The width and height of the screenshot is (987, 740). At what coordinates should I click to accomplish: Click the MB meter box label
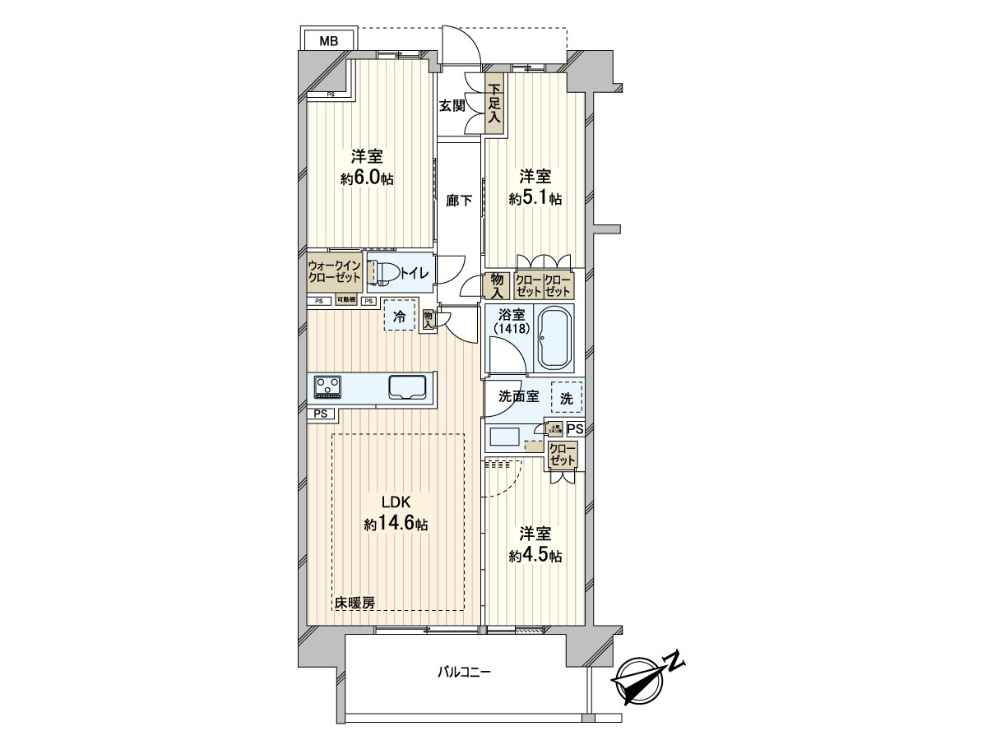(328, 40)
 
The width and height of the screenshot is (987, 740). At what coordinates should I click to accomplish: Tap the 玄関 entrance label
(452, 105)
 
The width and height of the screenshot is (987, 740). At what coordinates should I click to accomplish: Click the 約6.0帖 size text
(367, 178)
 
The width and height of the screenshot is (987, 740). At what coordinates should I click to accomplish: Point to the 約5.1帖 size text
(535, 198)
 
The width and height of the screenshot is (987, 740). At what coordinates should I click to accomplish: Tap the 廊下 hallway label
(459, 200)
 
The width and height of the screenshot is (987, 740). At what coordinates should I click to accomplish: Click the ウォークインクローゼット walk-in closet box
(334, 272)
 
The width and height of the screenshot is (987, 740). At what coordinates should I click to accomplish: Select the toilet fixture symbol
(382, 272)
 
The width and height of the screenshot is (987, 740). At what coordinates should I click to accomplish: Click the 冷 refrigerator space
(400, 316)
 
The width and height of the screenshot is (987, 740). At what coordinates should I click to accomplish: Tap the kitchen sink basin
(406, 386)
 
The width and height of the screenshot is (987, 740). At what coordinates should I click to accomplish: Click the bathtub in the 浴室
(559, 337)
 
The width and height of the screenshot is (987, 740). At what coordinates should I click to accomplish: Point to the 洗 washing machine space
(567, 397)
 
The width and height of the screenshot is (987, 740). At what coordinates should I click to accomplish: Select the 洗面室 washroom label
(518, 396)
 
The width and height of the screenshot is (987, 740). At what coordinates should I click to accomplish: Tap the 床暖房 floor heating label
(354, 603)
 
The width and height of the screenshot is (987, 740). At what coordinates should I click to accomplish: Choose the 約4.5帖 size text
(535, 556)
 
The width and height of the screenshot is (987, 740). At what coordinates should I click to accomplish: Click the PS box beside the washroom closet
(575, 428)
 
